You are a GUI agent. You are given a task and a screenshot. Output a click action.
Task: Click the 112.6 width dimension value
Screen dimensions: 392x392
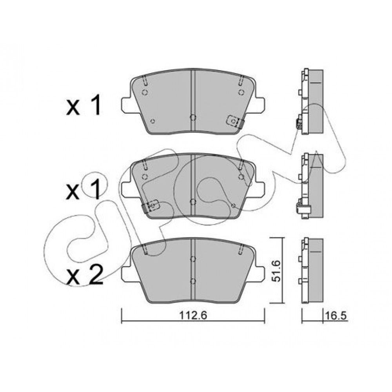(x=193, y=316)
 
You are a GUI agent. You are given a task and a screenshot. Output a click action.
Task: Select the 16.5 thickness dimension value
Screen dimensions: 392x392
(x=336, y=316)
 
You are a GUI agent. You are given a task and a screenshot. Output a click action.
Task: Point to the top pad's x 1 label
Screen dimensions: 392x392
(x=83, y=105)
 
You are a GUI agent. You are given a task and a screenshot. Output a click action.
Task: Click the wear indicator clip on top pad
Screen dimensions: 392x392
(x=235, y=122)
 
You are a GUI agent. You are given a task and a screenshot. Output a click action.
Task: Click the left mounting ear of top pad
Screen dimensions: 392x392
(x=127, y=105)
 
